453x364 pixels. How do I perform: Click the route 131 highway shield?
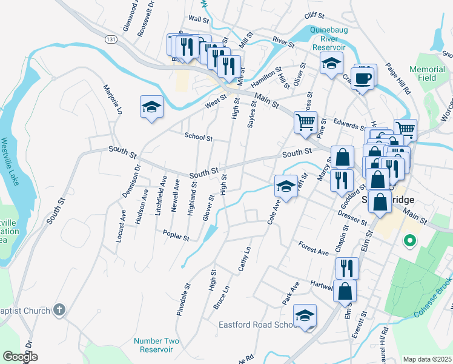tap(110, 39)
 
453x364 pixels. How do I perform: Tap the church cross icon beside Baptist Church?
tap(59, 310)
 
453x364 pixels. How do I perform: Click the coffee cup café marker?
tap(362, 78)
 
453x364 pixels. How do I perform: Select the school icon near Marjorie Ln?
tap(151, 108)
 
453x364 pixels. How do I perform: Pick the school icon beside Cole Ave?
tap(286, 186)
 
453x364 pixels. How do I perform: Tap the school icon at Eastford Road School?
tap(305, 315)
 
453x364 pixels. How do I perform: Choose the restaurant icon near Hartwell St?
tap(347, 268)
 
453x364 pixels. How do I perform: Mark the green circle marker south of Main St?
tap(409, 241)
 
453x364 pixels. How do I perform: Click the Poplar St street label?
tap(176, 234)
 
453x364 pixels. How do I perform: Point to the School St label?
tap(199, 138)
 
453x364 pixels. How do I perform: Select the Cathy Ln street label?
tap(245, 259)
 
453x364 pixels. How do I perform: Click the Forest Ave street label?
tap(313, 248)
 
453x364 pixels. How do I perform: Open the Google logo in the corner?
tap(19, 357)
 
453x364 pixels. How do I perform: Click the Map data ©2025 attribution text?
tap(427, 359)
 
